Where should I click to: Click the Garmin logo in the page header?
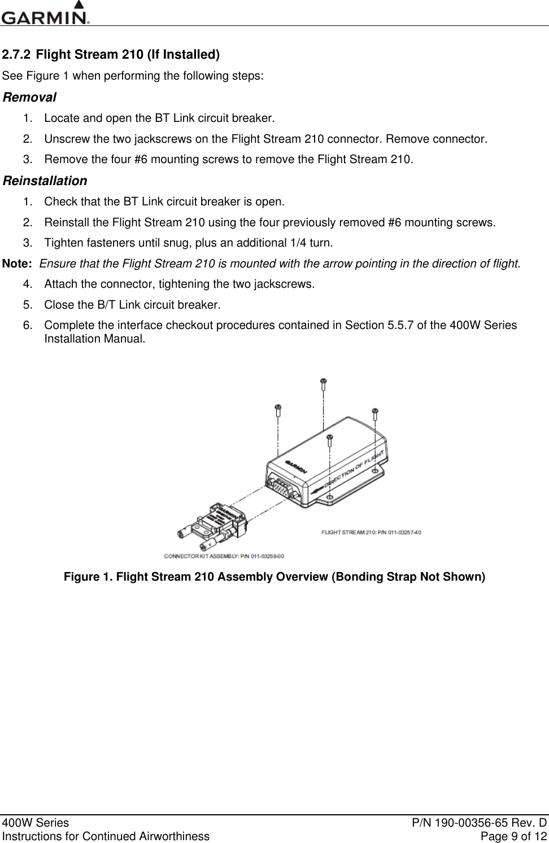point(45,14)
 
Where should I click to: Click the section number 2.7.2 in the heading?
point(16,55)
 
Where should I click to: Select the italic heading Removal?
point(29,97)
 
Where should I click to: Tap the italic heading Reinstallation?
point(45,181)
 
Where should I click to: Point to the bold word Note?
point(17,264)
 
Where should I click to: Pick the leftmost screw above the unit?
point(278,409)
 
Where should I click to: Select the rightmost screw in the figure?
point(375,414)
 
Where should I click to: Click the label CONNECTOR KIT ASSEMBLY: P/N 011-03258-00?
point(224,556)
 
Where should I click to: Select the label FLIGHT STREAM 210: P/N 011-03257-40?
point(372,532)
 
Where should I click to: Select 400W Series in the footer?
point(36,823)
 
